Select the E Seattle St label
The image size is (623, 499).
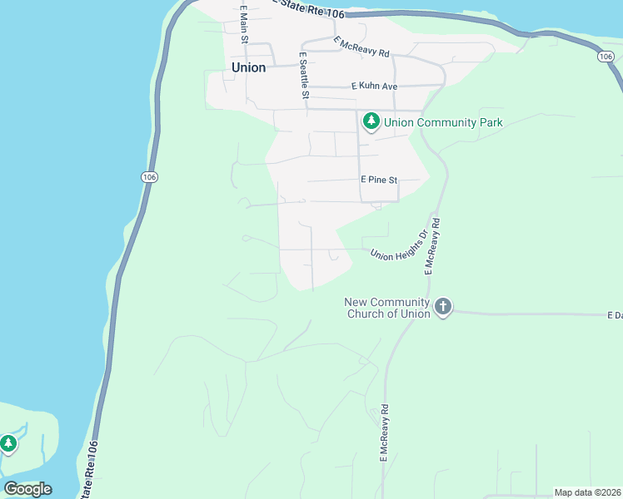[x=304, y=75]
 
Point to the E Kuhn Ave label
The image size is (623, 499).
[x=374, y=86]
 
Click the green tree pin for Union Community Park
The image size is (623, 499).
[x=371, y=122]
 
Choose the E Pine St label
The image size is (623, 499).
[x=379, y=180]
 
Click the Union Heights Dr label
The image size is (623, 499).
[x=398, y=245]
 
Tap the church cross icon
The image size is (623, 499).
[x=442, y=307]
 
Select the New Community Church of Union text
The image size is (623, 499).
[x=387, y=308]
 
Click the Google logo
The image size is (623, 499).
[x=27, y=489]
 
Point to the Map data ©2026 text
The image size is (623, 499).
[x=587, y=492]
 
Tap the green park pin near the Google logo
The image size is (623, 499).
[x=8, y=443]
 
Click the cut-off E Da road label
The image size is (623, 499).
[x=615, y=316]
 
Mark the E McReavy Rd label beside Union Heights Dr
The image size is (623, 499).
[x=431, y=247]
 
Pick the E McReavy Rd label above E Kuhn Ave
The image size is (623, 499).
[x=361, y=47]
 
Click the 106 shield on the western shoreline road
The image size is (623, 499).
[x=148, y=177]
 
